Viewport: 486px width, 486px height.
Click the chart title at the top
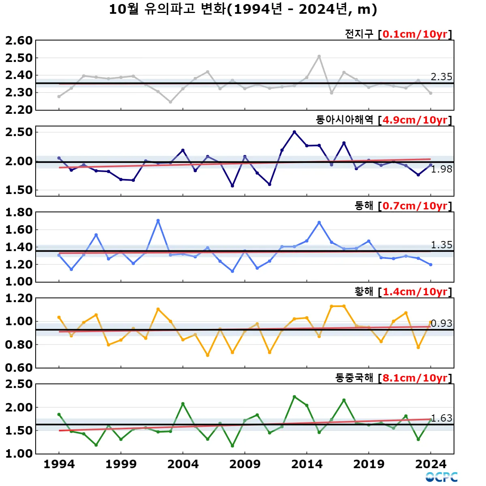[243, 9]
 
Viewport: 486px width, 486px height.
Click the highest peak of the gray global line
[319, 56]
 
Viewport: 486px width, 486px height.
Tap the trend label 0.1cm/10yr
[415, 34]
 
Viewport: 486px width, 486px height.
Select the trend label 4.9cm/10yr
[415, 120]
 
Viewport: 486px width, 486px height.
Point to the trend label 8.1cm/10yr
[415, 378]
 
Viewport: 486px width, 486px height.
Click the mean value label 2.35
[441, 77]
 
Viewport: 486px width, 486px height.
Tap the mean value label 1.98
[441, 169]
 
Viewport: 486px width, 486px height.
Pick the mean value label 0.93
[441, 323]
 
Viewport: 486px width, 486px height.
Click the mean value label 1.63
[441, 418]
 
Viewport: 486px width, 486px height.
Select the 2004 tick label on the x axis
[183, 464]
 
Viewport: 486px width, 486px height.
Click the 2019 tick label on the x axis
[369, 464]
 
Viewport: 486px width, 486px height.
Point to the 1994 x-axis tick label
[59, 464]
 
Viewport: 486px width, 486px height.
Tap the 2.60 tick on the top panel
[19, 40]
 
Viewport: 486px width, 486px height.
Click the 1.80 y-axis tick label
[19, 212]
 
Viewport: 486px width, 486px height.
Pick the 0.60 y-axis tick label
[19, 368]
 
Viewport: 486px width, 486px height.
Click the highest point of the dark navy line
[294, 132]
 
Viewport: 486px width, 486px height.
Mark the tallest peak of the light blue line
[158, 221]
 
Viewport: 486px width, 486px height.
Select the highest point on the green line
[294, 397]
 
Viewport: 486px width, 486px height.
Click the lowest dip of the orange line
[208, 355]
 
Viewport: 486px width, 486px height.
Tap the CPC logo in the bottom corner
[441, 477]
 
